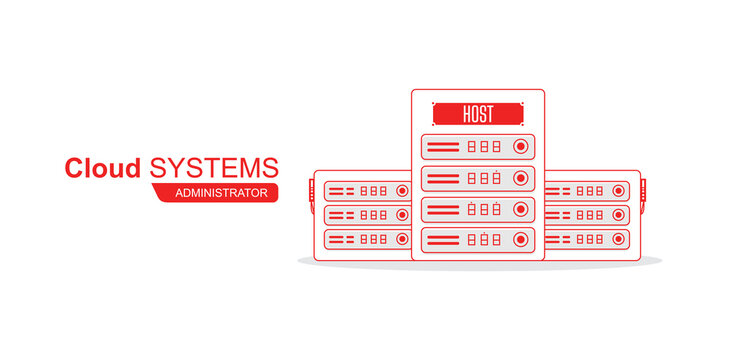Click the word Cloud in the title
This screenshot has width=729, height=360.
point(103,168)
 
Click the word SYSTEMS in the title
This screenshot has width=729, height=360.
point(214,167)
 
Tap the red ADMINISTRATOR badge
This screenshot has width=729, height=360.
point(220,192)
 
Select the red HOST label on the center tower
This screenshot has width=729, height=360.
point(477,114)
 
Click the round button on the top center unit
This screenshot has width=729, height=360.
point(520,147)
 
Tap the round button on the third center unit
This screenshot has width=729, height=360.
point(520,209)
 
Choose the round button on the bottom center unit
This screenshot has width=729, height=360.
point(520,240)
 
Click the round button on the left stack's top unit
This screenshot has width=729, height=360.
point(401,190)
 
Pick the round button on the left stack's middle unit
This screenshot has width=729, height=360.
point(401,215)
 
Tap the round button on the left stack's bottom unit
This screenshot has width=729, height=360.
point(401,239)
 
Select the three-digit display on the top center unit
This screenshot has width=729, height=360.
point(483,147)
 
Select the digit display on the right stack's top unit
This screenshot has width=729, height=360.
point(589,190)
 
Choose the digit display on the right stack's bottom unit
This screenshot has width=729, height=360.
point(589,239)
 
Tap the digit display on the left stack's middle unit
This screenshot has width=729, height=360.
point(373,215)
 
